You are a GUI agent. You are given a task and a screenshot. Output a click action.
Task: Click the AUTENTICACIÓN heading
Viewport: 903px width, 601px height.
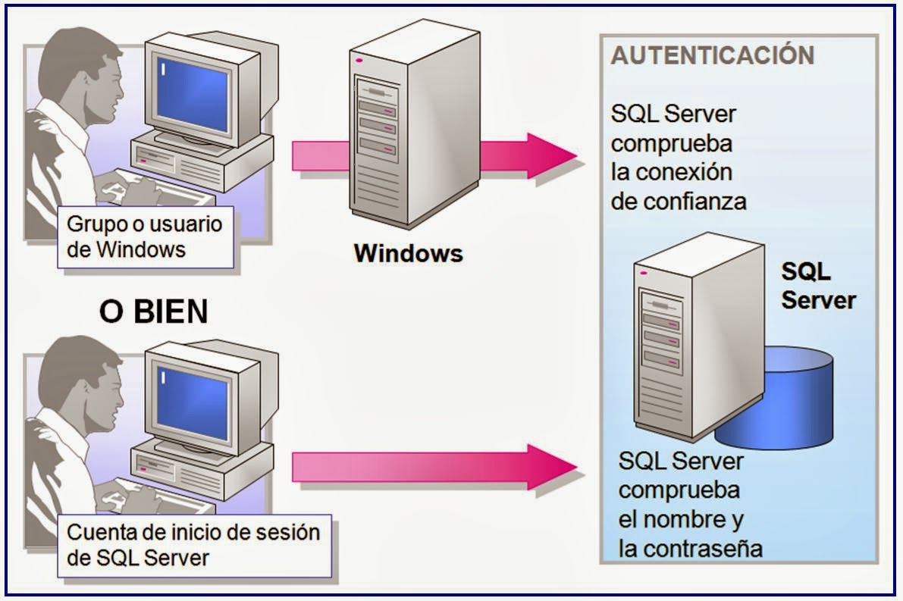(x=713, y=56)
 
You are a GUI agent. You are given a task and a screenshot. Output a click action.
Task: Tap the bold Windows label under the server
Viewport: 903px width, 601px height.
(x=408, y=253)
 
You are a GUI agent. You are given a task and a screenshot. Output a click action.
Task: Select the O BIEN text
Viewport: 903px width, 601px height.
(x=153, y=312)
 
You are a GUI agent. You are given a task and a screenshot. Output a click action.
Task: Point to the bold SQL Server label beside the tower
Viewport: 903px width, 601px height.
(x=818, y=286)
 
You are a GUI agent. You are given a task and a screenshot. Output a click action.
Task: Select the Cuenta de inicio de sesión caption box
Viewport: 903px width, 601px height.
(x=194, y=544)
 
